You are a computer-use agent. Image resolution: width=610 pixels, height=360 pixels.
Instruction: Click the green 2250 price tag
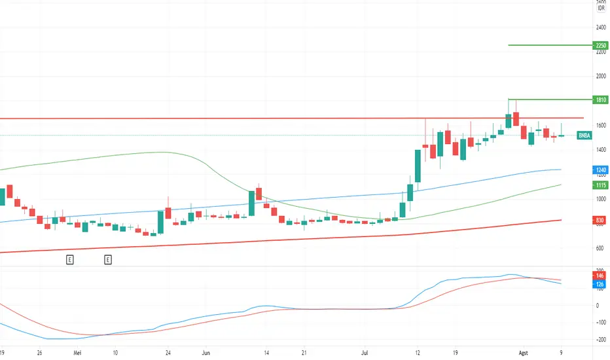600,45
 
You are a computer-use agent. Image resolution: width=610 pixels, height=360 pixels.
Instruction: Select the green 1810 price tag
600,99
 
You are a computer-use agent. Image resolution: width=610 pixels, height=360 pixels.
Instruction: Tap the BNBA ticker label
585,135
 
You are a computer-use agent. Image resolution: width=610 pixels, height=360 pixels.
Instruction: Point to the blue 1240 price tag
600,170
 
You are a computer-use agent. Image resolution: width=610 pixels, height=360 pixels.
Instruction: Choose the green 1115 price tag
600,185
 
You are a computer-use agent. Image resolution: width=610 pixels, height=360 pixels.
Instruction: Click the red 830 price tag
600,220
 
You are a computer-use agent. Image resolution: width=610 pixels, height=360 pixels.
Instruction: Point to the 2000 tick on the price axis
600,76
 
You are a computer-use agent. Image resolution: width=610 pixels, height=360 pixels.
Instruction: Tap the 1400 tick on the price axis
600,150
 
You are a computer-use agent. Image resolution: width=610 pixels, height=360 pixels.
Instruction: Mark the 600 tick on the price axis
600,248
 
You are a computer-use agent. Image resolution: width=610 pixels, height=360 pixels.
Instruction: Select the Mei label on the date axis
78,350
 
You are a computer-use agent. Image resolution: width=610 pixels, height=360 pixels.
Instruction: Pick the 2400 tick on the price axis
600,27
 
